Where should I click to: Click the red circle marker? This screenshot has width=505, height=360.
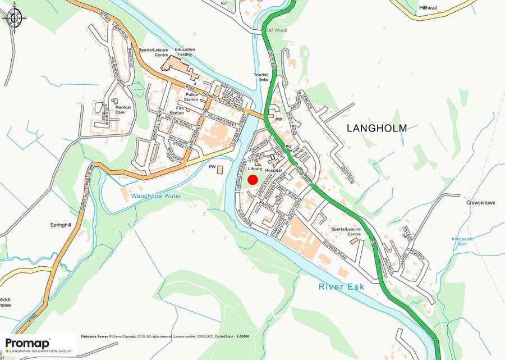click(252, 180)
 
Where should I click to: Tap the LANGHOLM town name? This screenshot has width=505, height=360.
click(377, 128)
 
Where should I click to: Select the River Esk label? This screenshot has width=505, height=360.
click(341, 286)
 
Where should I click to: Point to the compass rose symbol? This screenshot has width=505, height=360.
click(14, 17)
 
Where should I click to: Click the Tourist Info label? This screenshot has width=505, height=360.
click(261, 77)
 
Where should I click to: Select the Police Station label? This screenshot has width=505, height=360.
click(191, 97)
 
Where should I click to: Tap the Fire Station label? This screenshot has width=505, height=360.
click(176, 110)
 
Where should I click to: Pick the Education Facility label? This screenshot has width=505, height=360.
click(185, 52)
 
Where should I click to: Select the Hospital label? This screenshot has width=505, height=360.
click(273, 170)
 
